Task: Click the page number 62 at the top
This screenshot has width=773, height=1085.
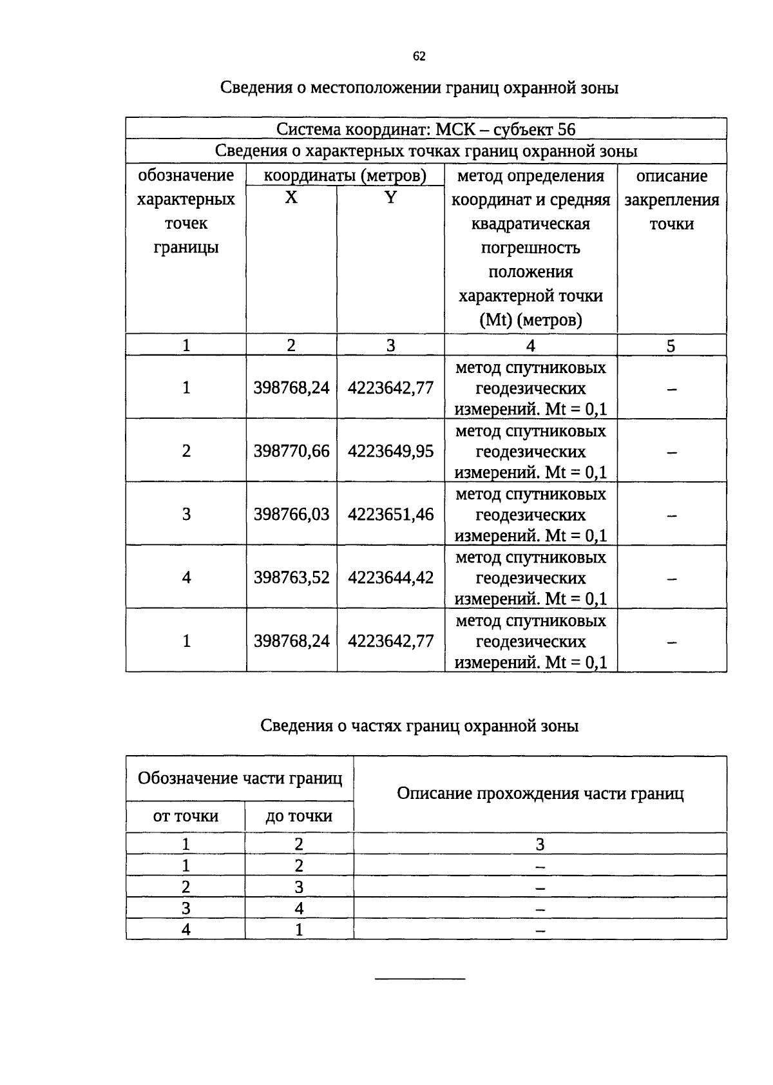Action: pos(419,57)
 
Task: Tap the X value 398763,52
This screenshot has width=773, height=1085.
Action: pos(291,577)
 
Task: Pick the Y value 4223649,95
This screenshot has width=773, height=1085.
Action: pos(390,451)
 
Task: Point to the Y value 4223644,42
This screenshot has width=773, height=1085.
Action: pos(390,577)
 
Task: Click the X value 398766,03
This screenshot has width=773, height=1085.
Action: pos(291,514)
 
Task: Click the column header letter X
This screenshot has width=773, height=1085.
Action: pos(291,198)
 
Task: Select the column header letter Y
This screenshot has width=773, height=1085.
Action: pos(390,198)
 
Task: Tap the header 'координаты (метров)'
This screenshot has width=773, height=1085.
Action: pos(345,176)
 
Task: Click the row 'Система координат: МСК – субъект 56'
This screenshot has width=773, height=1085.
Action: pos(426,130)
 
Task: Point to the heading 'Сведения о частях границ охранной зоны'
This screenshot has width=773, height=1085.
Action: pos(419,726)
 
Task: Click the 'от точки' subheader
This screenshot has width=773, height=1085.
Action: pos(186,816)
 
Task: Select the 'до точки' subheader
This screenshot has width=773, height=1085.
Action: pos(299,816)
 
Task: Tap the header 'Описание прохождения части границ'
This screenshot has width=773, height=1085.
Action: pos(540,794)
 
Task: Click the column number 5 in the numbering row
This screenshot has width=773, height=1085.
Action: pos(671,346)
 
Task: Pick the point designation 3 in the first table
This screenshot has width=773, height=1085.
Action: pos(186,514)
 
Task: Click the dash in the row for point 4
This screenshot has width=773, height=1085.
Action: pos(671,579)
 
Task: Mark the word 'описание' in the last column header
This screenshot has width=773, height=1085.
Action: pos(671,176)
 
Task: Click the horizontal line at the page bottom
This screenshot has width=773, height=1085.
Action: pos(419,979)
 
